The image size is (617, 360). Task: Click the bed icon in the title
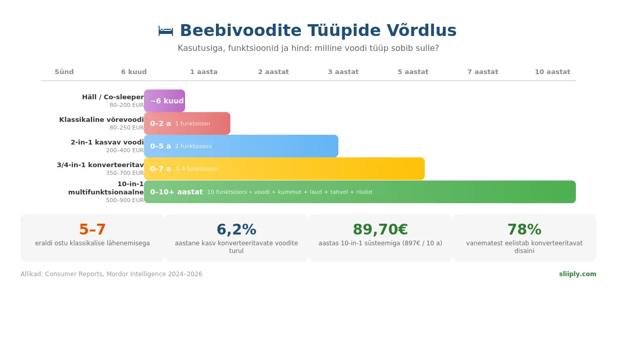coord(166,31)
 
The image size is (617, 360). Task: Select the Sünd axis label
coord(64,72)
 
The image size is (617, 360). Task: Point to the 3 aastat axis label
coord(343,72)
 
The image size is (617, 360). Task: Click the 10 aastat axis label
coord(552,72)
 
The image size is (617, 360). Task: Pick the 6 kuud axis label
coord(134,72)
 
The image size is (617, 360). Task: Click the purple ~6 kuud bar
coord(165,101)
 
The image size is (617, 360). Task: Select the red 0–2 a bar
coord(187,123)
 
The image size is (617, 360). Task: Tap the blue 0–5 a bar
coord(241,146)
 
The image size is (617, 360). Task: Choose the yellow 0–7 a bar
coord(284,169)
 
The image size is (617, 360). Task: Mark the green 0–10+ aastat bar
coord(360,192)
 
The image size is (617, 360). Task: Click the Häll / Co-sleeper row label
coord(113,97)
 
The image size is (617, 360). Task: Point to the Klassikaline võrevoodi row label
coord(101,120)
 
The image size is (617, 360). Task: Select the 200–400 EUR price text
coord(125,151)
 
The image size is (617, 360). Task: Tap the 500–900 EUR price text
coord(125,201)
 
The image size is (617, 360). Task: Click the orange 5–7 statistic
coord(93,230)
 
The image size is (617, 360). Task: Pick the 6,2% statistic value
coord(237,230)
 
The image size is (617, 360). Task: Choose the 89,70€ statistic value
coord(380,230)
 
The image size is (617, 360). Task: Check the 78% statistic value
coord(524,230)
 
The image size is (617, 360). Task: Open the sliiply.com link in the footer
coord(577,274)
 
